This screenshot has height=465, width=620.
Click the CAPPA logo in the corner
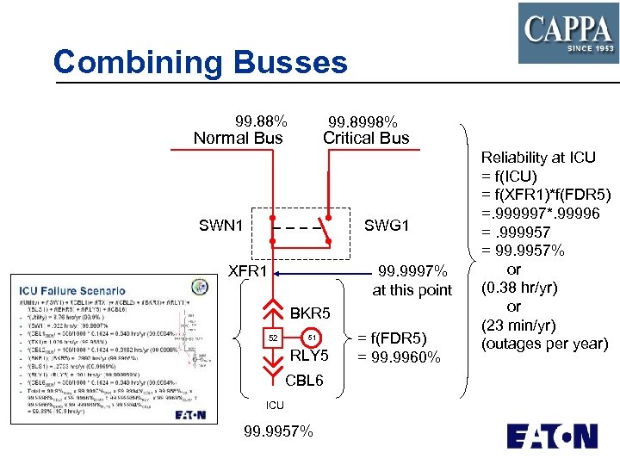coord(567,33)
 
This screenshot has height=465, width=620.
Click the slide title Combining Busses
coord(200,63)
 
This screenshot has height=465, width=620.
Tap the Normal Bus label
coord(238,138)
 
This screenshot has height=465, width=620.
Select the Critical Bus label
coord(366,138)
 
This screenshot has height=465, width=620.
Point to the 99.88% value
coord(261,121)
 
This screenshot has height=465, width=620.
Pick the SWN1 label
coord(220,226)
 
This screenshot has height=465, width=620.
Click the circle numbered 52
coord(272,337)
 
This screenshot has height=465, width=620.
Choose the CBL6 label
coord(304,379)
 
